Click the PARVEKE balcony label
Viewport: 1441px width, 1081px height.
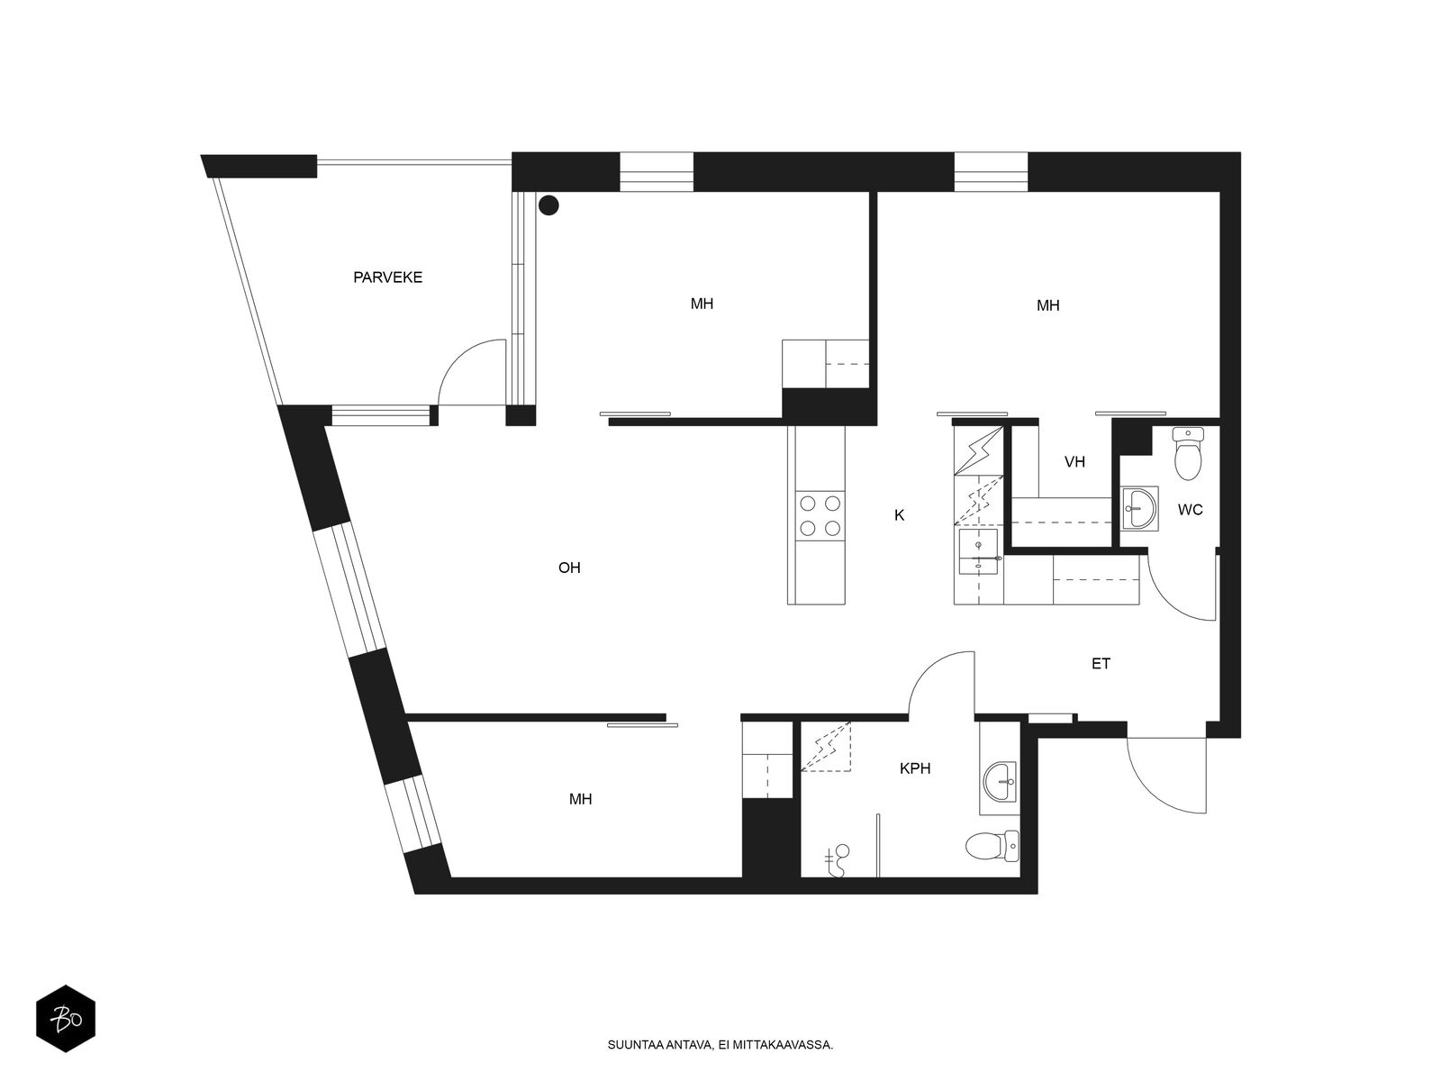click(x=387, y=277)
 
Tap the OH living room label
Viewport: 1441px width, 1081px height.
click(x=569, y=568)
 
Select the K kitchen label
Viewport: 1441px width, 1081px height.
click(x=899, y=515)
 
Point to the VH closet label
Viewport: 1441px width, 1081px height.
click(x=1074, y=462)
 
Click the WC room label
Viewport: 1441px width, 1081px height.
click(x=1190, y=510)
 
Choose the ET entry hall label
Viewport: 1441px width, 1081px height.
click(x=1101, y=664)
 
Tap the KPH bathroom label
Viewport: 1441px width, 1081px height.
click(x=915, y=768)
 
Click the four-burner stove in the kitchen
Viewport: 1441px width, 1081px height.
click(x=820, y=515)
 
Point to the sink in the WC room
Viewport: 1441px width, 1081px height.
click(x=1139, y=510)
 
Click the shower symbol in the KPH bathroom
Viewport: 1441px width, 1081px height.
click(x=838, y=860)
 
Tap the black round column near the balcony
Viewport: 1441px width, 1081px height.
click(x=548, y=205)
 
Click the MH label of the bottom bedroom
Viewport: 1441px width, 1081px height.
click(x=581, y=799)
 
